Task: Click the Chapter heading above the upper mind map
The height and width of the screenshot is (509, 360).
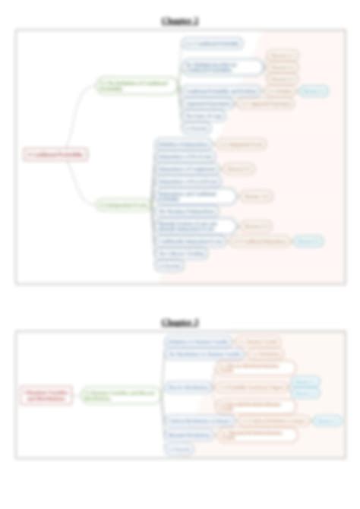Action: click(180, 21)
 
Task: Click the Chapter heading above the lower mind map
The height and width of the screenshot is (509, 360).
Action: click(180, 322)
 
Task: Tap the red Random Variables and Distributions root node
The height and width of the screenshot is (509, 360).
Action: click(46, 395)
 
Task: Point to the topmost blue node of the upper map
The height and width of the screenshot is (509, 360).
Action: click(212, 44)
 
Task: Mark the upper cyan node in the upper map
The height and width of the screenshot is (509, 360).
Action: click(311, 90)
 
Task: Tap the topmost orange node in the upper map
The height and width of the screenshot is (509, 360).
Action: click(283, 55)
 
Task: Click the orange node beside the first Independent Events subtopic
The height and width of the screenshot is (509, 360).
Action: click(240, 143)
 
